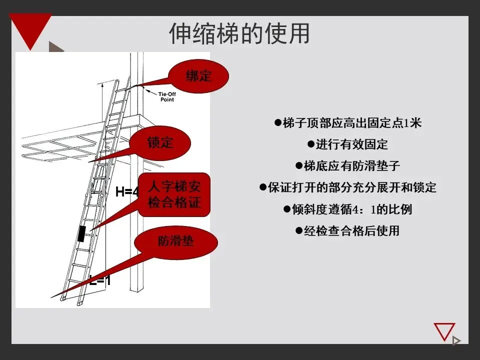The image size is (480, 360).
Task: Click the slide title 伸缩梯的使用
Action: [239, 33]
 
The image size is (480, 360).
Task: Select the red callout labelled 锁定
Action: [160, 142]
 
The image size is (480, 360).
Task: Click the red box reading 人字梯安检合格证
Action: [174, 195]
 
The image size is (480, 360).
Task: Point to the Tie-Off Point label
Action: [167, 96]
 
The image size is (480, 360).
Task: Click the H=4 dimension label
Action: [126, 191]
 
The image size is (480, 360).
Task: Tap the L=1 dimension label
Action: [100, 280]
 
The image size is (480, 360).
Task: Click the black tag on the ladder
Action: [81, 234]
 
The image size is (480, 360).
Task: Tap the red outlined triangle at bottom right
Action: [444, 331]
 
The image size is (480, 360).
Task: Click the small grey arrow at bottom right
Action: [455, 341]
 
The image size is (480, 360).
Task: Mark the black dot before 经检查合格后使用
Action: [298, 231]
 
